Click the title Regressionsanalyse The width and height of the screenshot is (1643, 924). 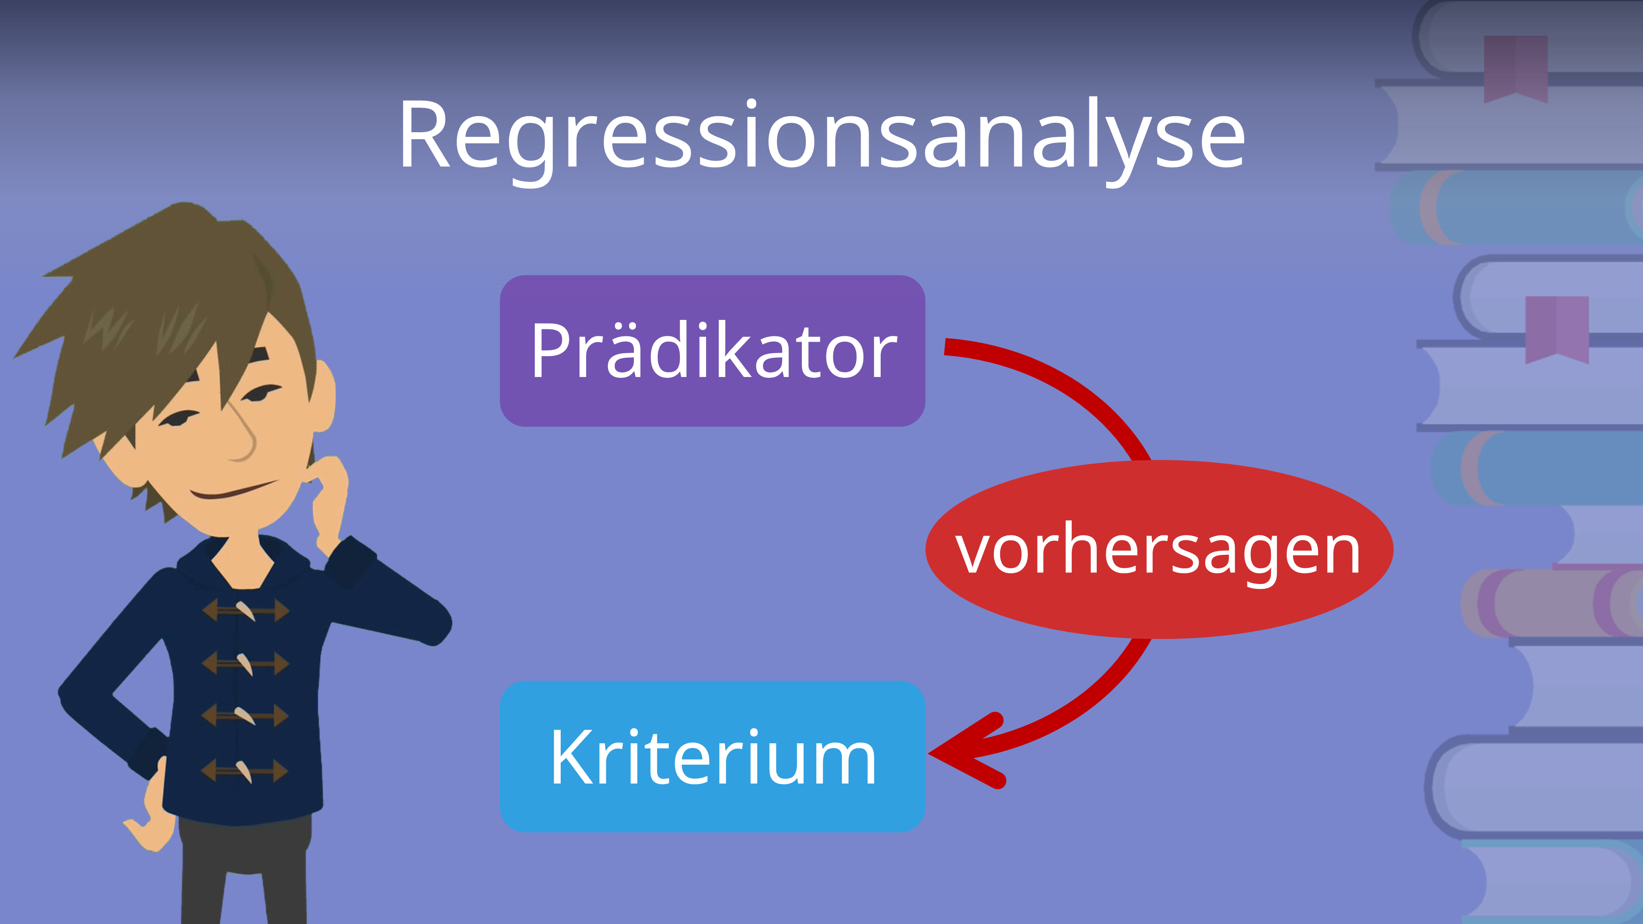[821, 135]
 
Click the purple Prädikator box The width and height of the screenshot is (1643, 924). [712, 351]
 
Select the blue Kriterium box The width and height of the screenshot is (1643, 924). [712, 756]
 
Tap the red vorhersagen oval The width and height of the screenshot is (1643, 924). [1159, 550]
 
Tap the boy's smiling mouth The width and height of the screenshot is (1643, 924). [233, 491]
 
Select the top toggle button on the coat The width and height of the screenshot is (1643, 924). [246, 610]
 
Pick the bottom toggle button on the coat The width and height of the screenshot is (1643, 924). [244, 771]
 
